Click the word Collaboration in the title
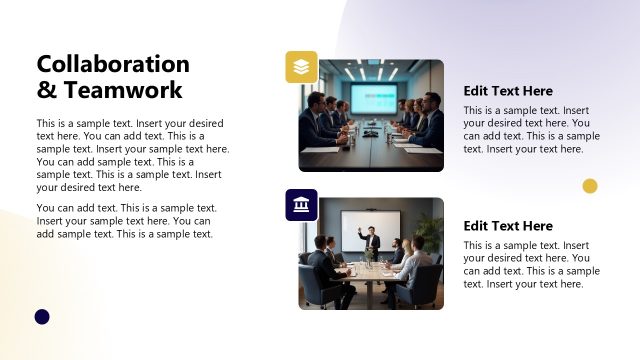pyautogui.click(x=112, y=64)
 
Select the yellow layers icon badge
pyautogui.click(x=301, y=67)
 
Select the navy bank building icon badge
pyautogui.click(x=301, y=205)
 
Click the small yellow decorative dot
pyautogui.click(x=590, y=185)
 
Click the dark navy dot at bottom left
pyautogui.click(x=42, y=317)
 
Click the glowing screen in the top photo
pyautogui.click(x=373, y=98)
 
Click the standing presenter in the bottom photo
pyautogui.click(x=370, y=244)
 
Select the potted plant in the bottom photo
pyautogui.click(x=431, y=232)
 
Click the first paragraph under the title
pyautogui.click(x=133, y=155)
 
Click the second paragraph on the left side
pyautogui.click(x=127, y=221)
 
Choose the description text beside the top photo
pyautogui.click(x=531, y=130)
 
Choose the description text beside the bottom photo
pyautogui.click(x=531, y=265)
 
